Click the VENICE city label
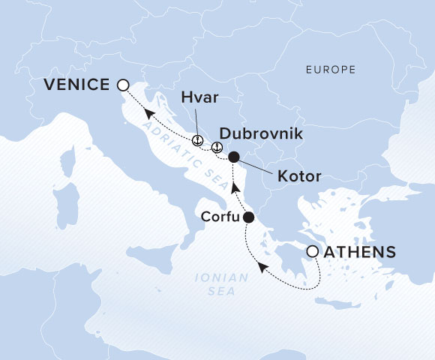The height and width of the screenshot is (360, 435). coord(76,85)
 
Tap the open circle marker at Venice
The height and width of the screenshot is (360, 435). coord(123,85)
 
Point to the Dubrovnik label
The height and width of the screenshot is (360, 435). coord(261,134)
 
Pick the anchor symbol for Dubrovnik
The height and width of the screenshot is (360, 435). coord(217,147)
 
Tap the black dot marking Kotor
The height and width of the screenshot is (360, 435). coord(233,157)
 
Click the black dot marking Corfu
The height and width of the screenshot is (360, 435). coord(249,217)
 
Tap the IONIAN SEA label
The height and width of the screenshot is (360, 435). coord(220,283)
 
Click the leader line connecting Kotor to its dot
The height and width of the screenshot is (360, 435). coord(258,166)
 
